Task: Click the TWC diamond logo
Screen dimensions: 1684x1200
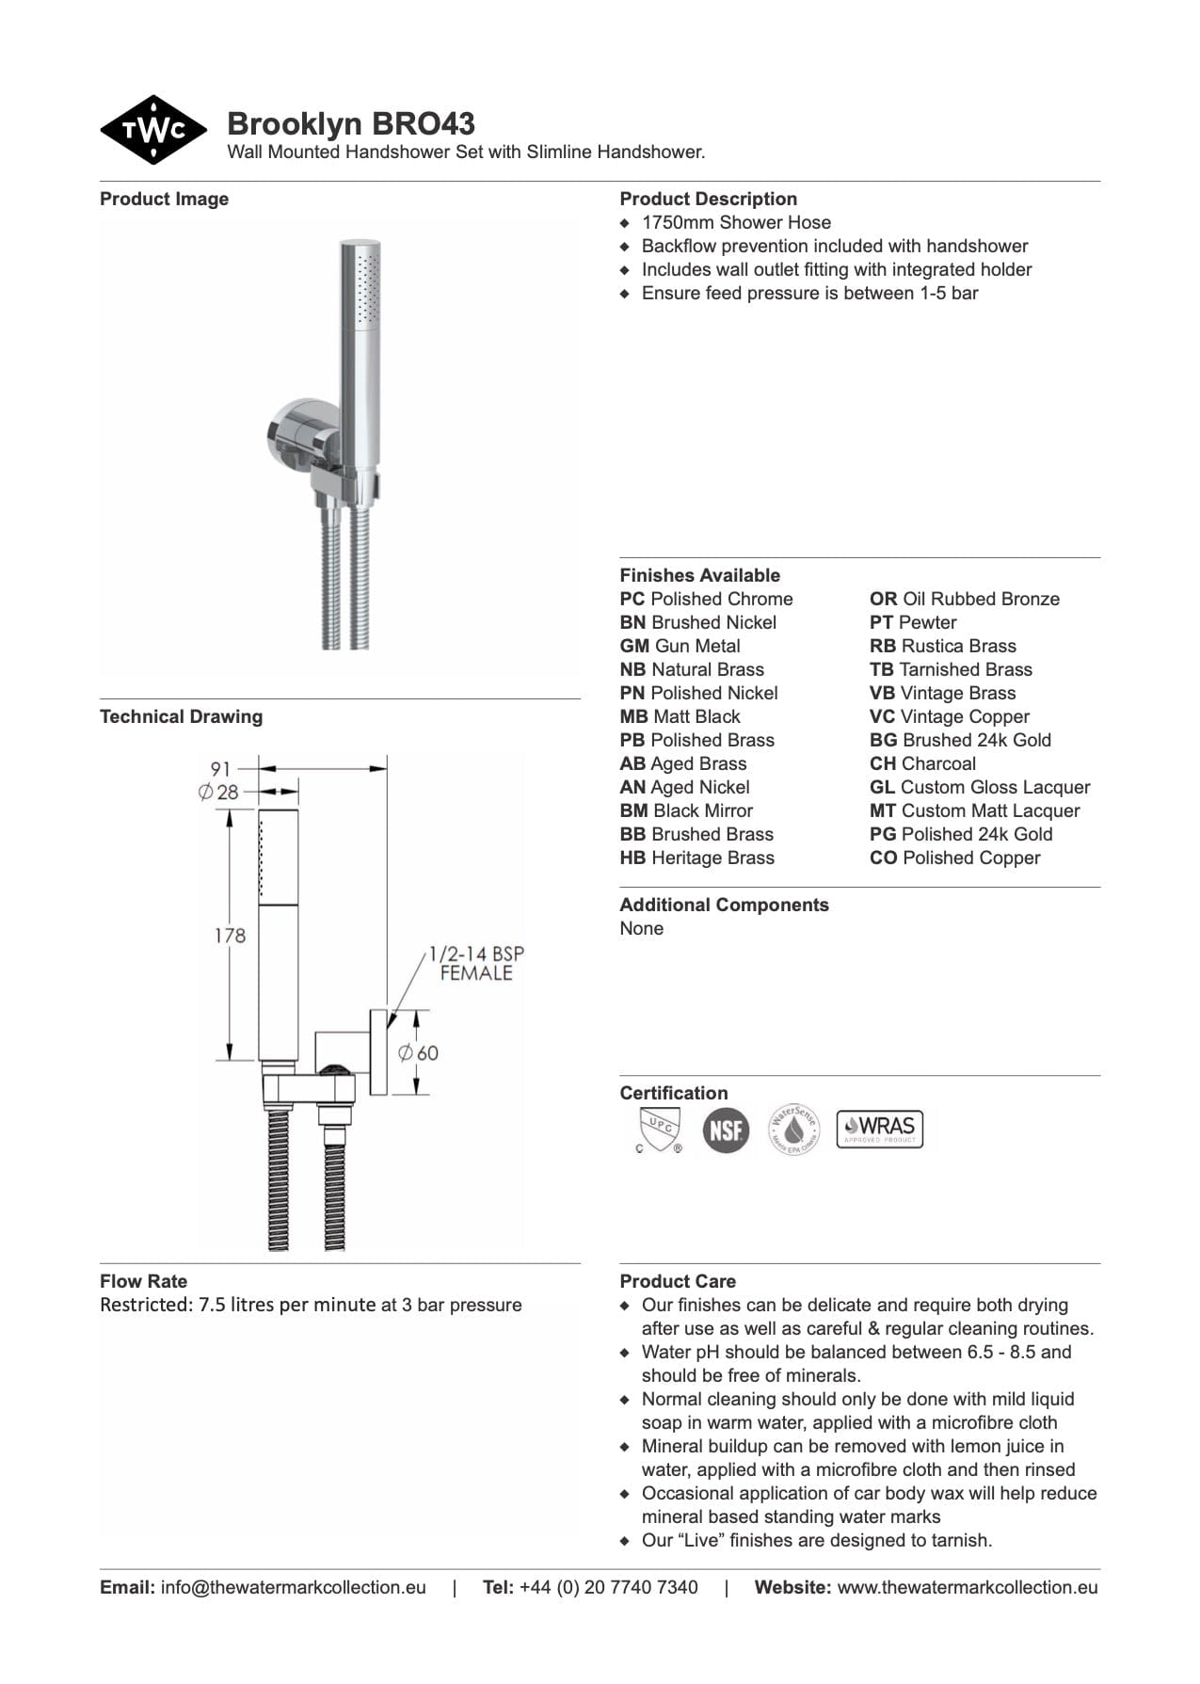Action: [153, 130]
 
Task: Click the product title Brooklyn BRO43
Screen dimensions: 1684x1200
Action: [351, 123]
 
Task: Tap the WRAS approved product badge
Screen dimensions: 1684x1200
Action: [880, 1128]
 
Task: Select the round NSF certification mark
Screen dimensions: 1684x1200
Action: [726, 1129]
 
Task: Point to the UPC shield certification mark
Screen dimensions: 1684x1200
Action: [659, 1128]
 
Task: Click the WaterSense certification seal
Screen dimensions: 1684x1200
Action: [793, 1129]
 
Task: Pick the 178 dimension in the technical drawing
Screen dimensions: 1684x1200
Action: [230, 936]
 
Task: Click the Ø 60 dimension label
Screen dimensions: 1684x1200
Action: [419, 1052]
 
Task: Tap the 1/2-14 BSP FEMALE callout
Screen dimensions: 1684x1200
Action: [475, 963]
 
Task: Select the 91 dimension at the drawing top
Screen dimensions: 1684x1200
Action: [219, 768]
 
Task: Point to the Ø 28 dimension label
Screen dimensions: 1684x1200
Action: [218, 793]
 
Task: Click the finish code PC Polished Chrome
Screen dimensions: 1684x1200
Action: [706, 599]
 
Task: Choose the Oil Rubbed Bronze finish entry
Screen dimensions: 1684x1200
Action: [964, 599]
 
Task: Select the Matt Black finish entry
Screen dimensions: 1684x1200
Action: [680, 716]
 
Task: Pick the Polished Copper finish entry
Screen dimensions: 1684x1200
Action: [954, 858]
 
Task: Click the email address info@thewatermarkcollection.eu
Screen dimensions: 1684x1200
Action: [293, 1587]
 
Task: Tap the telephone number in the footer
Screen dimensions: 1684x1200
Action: [608, 1587]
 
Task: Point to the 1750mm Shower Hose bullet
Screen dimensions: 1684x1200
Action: [736, 222]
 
